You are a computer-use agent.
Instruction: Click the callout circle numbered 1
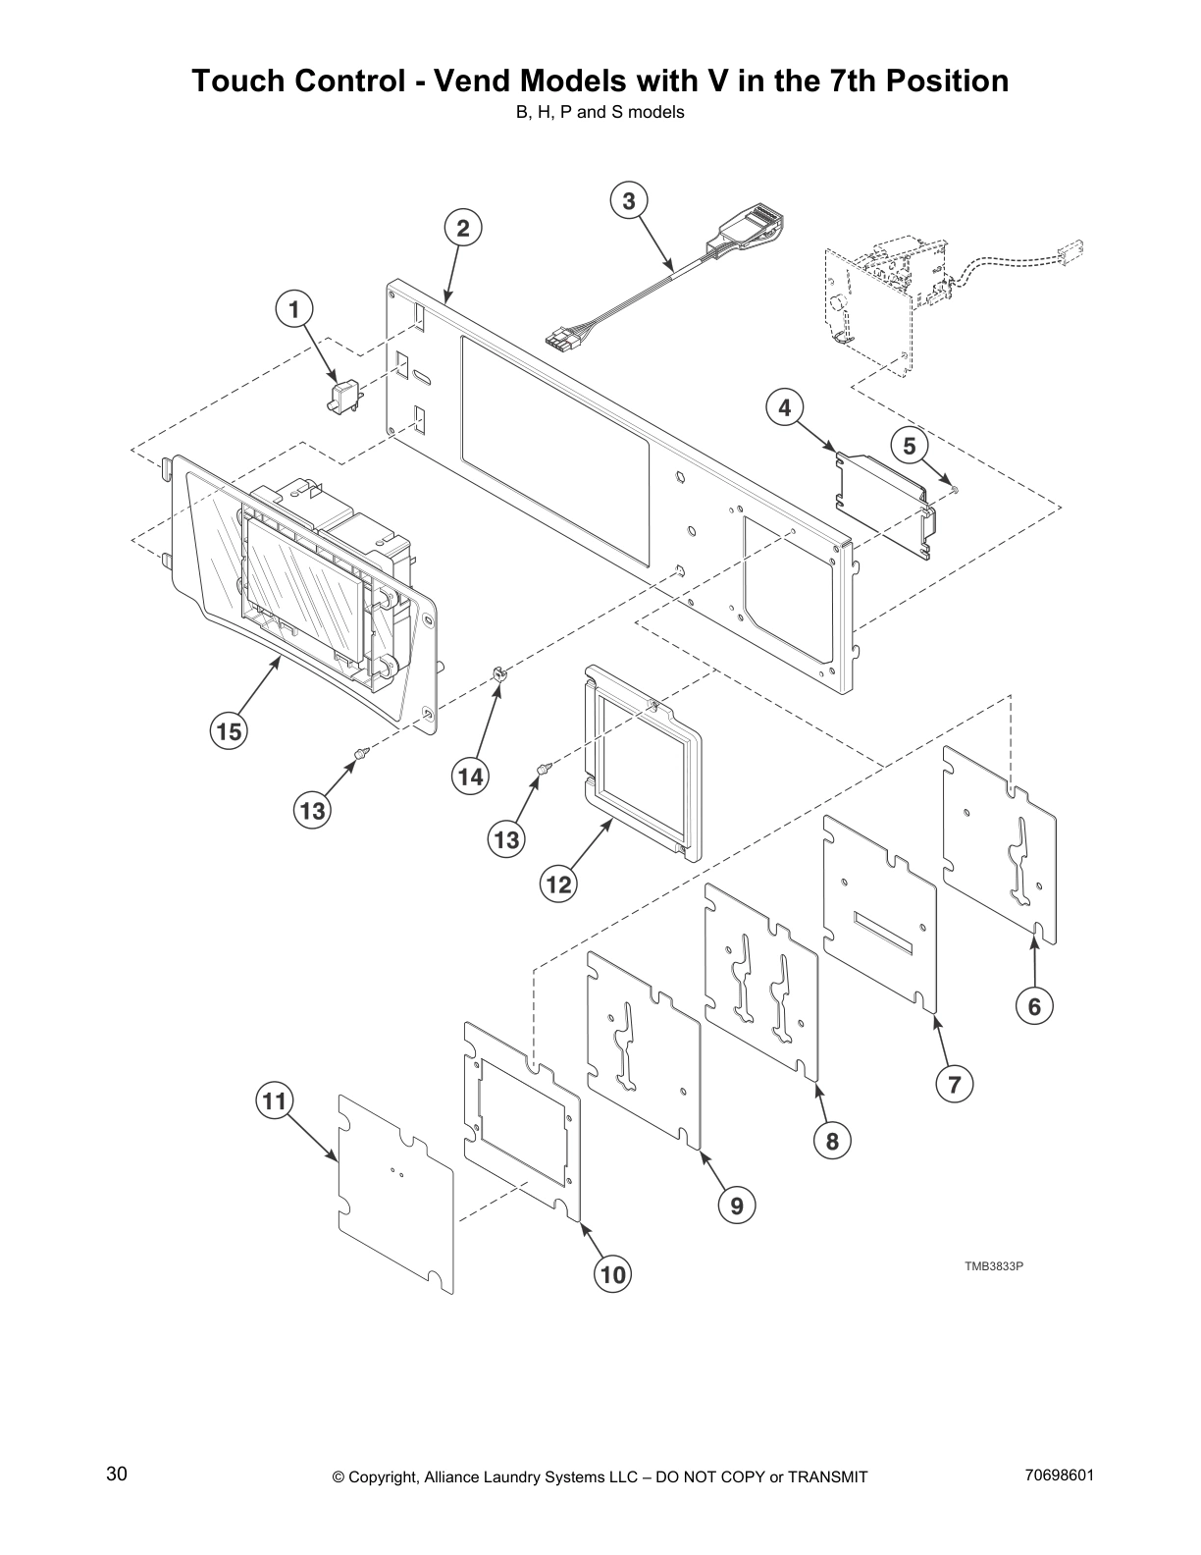(x=292, y=309)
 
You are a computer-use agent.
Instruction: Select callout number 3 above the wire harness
(x=629, y=200)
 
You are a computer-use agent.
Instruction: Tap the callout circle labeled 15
(x=229, y=731)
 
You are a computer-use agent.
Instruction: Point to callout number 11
(x=275, y=1101)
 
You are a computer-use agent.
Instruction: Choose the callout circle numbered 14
(x=470, y=777)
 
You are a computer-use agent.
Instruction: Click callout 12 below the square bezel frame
(x=558, y=884)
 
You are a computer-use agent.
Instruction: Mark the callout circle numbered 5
(x=910, y=447)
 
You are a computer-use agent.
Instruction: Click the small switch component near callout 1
(x=343, y=396)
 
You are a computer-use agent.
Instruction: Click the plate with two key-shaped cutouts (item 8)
(x=761, y=982)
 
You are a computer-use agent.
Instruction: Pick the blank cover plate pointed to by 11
(x=395, y=1194)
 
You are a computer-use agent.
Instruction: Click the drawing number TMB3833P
(x=993, y=1265)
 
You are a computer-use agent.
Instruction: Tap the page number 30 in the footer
(x=117, y=1474)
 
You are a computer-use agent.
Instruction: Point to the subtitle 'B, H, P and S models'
(x=600, y=112)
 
